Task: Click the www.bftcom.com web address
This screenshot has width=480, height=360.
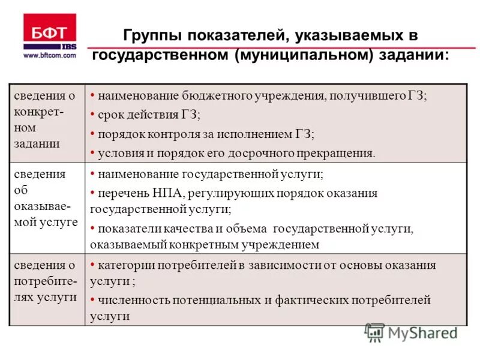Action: coord(50,55)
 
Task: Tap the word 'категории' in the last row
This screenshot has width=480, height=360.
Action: coord(124,265)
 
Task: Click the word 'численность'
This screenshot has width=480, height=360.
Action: coord(130,300)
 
